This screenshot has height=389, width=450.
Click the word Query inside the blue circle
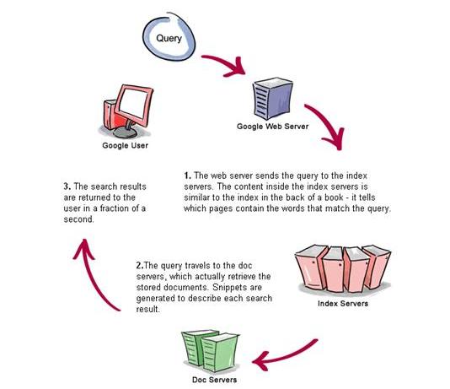point(169,38)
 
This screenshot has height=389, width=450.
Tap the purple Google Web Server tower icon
point(273,99)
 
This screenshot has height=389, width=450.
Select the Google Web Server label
point(273,127)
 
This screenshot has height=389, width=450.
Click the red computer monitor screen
point(133,103)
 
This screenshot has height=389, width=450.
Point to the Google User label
point(125,145)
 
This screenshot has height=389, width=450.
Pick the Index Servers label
point(343,304)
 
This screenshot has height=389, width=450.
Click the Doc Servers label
point(214,380)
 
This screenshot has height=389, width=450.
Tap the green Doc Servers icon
point(210,351)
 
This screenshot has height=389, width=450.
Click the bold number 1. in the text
point(188,176)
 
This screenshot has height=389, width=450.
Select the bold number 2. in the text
point(140,266)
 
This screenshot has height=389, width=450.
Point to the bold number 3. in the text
point(67,186)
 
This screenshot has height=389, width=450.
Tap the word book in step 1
point(334,197)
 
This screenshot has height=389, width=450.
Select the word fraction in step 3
point(115,208)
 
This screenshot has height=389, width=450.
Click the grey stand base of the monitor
point(126,132)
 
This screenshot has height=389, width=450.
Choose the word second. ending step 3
point(79,219)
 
